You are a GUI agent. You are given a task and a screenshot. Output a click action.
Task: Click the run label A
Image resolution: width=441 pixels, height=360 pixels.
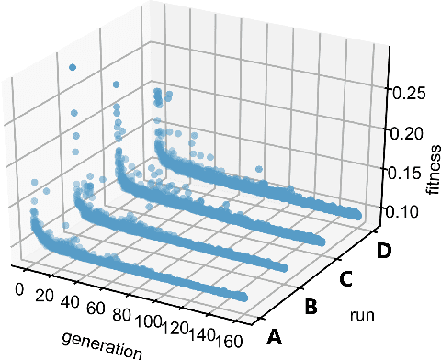click(x=273, y=337)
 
